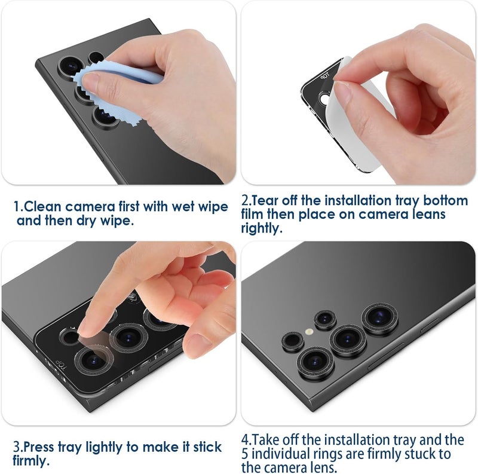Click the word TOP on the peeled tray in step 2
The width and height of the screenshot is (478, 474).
(325, 77)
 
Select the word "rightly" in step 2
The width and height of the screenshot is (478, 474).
(261, 228)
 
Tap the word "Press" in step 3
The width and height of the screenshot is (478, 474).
(44, 447)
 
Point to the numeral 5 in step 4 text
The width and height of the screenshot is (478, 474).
(246, 454)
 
